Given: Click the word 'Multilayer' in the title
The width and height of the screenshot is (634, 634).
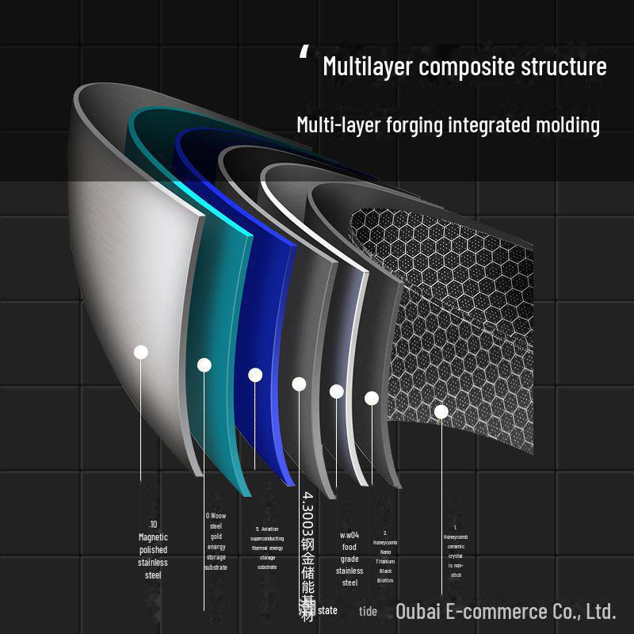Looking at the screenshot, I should point(368,66).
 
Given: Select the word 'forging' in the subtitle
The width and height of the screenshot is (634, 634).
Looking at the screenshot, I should point(405,124).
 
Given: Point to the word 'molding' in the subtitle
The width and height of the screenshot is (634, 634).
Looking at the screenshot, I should point(563,124).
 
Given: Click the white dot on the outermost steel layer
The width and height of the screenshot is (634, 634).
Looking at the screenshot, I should point(141,352).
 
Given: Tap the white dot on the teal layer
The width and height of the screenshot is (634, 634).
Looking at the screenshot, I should point(204,365).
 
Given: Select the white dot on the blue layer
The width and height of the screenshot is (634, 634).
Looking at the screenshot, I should point(255,375).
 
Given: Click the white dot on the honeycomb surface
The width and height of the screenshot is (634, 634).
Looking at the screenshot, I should point(441,411).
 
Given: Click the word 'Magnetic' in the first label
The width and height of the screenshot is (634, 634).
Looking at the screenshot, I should point(153,537).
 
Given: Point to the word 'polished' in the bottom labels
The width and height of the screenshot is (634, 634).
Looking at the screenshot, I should point(153,549).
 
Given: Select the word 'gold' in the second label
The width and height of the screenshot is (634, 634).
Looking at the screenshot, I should point(216,537).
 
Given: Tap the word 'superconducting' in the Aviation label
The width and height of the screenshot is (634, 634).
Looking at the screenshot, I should point(267,538).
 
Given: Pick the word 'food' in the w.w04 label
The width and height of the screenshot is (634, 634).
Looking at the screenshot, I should point(349,547).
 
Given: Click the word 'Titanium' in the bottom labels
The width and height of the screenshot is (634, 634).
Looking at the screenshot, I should point(385,561).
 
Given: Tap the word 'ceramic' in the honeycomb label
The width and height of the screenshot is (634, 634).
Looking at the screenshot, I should point(456,546).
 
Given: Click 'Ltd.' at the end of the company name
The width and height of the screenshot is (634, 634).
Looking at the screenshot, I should point(602,611).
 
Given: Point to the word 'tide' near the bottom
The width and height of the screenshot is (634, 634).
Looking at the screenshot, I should point(368,611).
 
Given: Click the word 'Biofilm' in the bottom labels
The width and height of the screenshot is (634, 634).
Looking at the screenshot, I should point(385,580).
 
